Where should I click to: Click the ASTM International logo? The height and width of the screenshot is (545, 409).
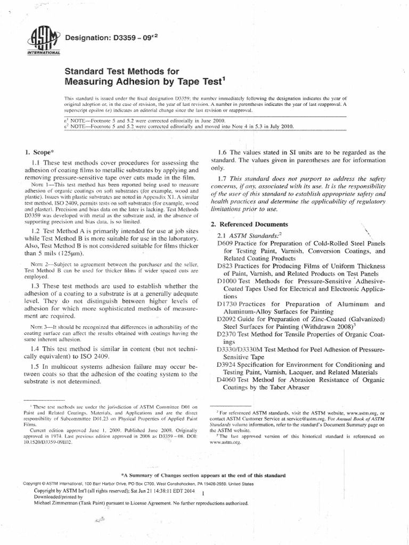pos(44,41)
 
